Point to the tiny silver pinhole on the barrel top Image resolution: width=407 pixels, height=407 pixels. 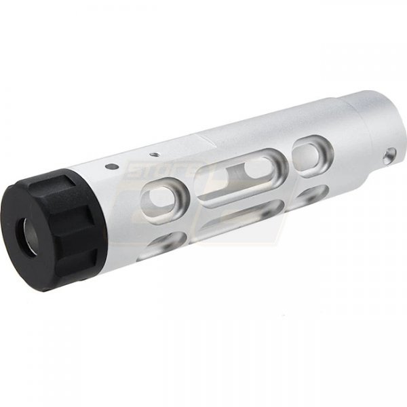[155, 155]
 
